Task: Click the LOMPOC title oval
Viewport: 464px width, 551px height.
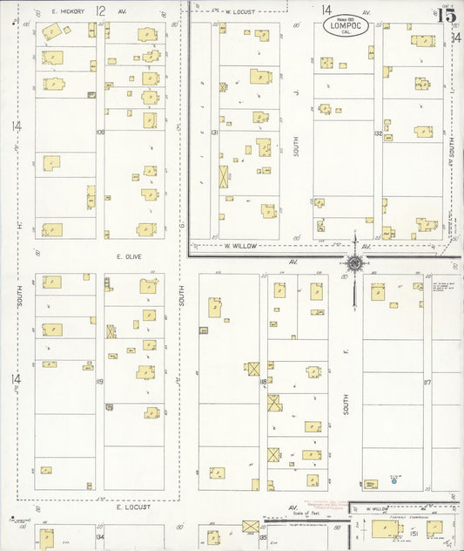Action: pyautogui.click(x=345, y=27)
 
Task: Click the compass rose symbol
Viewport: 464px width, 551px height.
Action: pyautogui.click(x=355, y=262)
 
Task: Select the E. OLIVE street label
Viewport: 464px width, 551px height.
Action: pyautogui.click(x=128, y=256)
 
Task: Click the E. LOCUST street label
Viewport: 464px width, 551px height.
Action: pyautogui.click(x=133, y=507)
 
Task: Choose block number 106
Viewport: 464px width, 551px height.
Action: pyautogui.click(x=100, y=132)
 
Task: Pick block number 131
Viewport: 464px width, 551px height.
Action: pyautogui.click(x=213, y=132)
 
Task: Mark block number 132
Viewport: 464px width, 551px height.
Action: pyautogui.click(x=378, y=133)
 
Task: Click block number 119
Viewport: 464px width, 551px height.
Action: pyautogui.click(x=100, y=381)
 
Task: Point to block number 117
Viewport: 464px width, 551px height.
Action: pyautogui.click(x=427, y=381)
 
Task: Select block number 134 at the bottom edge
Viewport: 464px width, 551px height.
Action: pyautogui.click(x=100, y=537)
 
